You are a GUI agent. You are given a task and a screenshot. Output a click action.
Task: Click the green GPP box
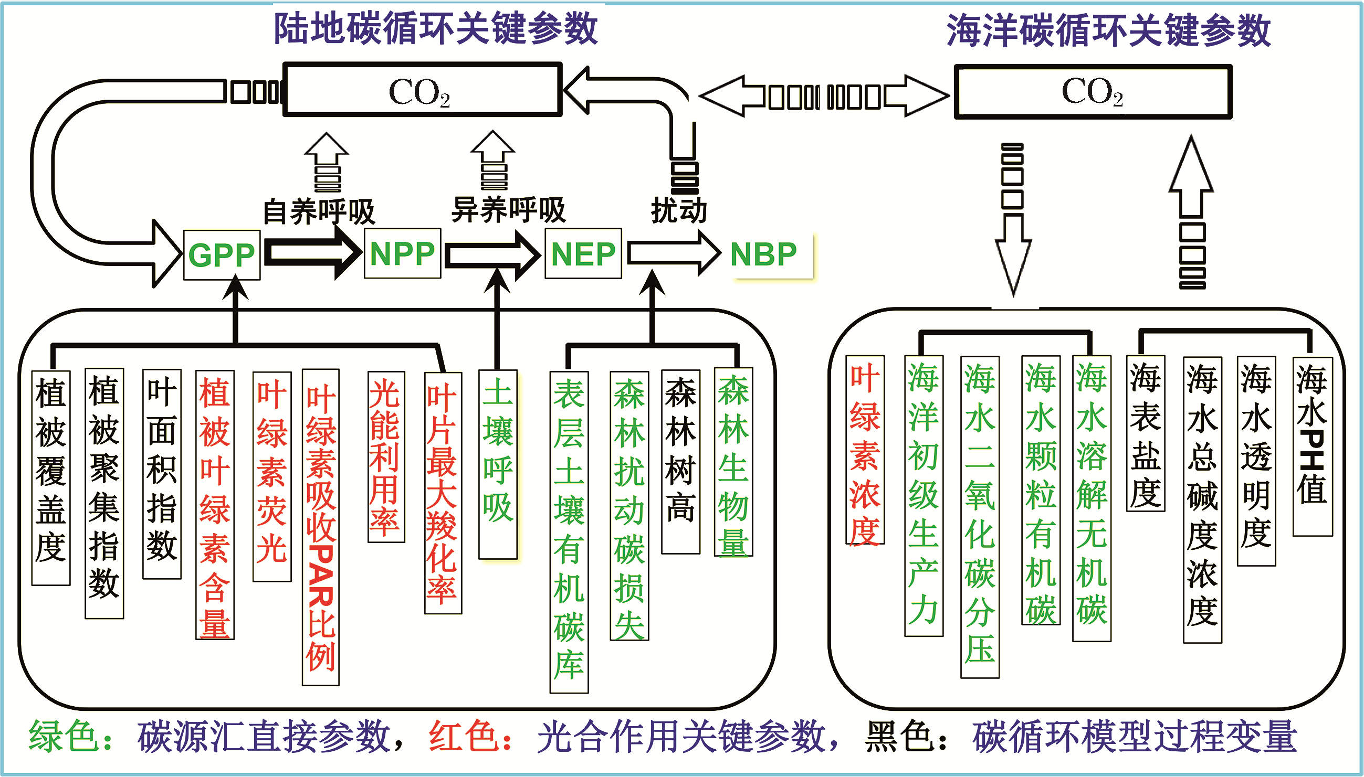pos(222,255)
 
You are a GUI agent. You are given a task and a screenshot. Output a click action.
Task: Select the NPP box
pos(403,253)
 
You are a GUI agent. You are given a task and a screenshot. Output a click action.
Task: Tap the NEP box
pos(583,253)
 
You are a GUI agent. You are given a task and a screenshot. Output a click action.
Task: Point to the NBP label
pos(763,254)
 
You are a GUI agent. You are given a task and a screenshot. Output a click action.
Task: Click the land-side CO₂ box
pos(422,90)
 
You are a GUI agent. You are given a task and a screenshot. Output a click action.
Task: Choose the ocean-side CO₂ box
pos(1092,91)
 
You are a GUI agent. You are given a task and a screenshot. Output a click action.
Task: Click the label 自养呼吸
pos(319,211)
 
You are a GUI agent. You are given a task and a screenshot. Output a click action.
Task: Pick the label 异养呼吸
pos(508,209)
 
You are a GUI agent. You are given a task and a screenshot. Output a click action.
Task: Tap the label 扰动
pos(678,210)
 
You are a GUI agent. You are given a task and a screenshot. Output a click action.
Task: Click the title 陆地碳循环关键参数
pos(436,28)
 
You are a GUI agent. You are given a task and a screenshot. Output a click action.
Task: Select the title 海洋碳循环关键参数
pos(1108,30)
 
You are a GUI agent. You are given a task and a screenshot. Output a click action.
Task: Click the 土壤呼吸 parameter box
pos(498,464)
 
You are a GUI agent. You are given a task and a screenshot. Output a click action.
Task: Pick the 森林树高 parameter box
pos(680,462)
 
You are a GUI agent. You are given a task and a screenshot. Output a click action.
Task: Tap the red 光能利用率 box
pos(386,457)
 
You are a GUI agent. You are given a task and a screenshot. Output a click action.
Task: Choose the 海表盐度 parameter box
pos(1145,434)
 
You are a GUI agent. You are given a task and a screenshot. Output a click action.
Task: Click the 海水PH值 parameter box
pos(1311,446)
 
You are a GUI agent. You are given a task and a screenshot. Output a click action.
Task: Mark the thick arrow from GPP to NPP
pos(312,252)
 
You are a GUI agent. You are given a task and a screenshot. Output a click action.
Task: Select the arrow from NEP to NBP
pos(673,253)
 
